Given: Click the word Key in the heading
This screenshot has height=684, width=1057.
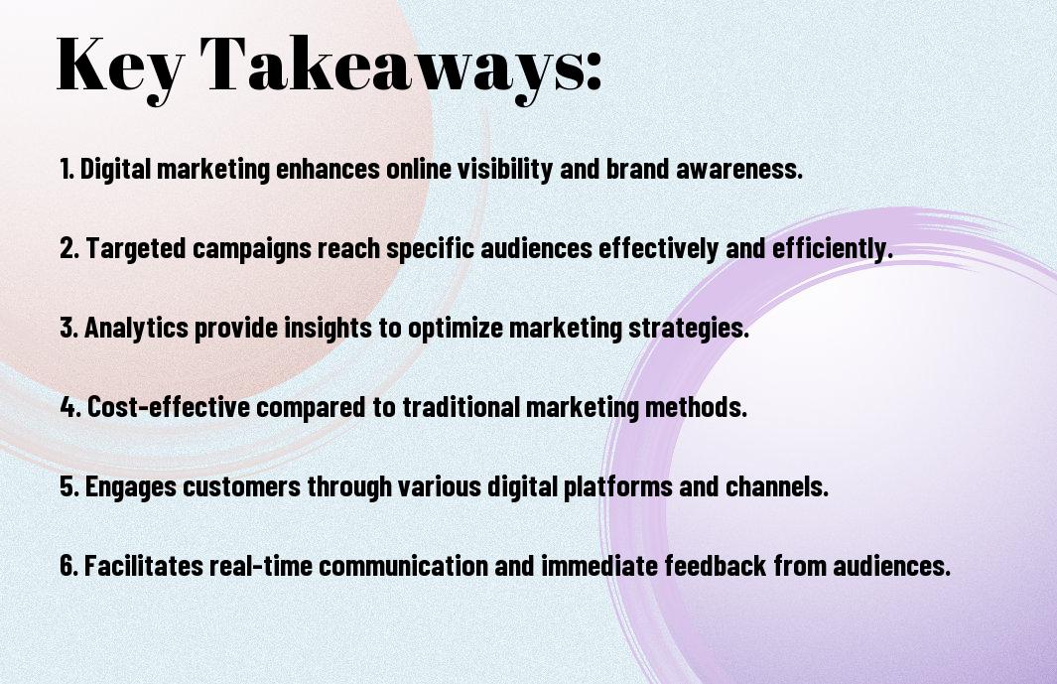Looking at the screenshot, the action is tap(120, 67).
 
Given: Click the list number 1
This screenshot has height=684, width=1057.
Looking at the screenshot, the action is tap(66, 168).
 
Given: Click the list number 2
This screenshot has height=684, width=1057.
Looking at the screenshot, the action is tap(69, 247).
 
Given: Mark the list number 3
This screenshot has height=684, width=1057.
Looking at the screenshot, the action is tap(69, 328).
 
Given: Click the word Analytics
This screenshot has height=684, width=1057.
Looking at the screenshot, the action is tap(136, 328).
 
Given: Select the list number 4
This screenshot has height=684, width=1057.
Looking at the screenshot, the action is tap(70, 407).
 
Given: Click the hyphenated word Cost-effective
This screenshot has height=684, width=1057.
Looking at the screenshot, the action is tap(169, 406).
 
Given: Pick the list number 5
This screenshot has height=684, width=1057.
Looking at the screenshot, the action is tap(69, 486).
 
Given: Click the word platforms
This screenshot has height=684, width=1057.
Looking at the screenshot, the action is tap(618, 486).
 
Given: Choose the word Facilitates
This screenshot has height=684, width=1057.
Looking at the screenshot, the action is tap(144, 565).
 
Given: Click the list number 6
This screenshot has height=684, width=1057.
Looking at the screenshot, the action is tap(69, 566).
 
